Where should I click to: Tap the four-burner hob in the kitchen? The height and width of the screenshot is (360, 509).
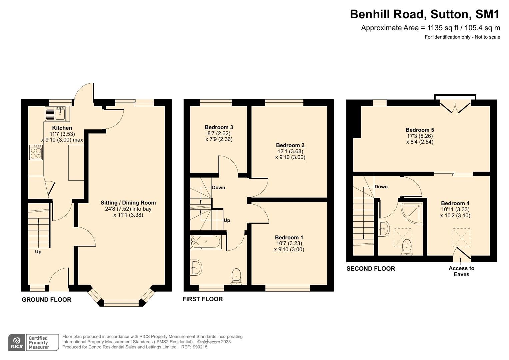(36, 153)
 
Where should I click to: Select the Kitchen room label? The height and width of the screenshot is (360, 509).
(62, 128)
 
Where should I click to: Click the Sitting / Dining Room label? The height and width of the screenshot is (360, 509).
(128, 203)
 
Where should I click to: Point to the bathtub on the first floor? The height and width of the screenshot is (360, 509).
(205, 242)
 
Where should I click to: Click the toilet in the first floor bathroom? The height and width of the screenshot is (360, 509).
(236, 276)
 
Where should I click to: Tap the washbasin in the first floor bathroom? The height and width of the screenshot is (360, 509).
(196, 267)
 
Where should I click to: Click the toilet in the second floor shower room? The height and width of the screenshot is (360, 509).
(407, 247)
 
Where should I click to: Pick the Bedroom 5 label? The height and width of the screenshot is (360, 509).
(420, 130)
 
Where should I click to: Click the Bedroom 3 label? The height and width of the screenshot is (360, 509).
(219, 127)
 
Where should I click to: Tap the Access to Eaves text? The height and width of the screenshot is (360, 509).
(462, 271)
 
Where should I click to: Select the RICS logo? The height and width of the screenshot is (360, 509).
(17, 343)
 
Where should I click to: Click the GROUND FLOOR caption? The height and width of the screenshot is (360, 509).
(47, 300)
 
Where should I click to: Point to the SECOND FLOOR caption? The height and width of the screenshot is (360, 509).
(371, 269)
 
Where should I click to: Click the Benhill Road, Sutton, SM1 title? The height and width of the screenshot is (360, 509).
(425, 14)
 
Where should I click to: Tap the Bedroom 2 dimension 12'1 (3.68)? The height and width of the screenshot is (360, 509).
(290, 151)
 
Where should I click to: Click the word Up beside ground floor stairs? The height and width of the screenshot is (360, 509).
(38, 252)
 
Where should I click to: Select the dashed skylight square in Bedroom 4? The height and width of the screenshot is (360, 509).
(461, 238)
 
